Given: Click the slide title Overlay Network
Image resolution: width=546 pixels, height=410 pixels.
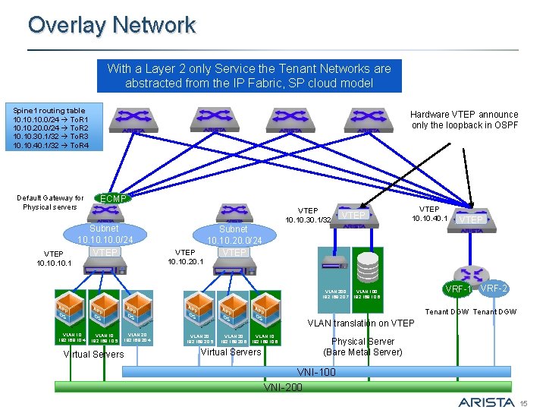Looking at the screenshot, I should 111,25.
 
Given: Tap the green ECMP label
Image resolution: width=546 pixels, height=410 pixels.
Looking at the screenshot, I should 113,198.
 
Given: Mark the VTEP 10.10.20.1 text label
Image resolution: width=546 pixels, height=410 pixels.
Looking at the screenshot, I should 185,257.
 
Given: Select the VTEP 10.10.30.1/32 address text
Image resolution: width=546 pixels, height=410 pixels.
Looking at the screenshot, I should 308,215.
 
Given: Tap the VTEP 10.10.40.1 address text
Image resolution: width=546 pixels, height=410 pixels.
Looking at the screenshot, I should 429,213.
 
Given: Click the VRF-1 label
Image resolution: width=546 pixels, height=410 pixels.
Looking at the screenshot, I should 459,290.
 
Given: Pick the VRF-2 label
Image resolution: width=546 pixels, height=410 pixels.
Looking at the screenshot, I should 494,289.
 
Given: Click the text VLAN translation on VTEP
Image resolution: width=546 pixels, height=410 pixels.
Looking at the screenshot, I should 360,323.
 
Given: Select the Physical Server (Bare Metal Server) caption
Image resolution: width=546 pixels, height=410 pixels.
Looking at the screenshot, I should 362,346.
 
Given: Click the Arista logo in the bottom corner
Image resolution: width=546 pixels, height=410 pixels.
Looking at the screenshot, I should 488,401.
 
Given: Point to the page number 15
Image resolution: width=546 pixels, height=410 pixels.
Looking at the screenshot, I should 533,402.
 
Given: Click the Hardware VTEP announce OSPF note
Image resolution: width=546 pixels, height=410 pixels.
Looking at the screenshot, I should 464,119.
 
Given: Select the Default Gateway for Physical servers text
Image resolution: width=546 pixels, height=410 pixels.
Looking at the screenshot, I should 50,202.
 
